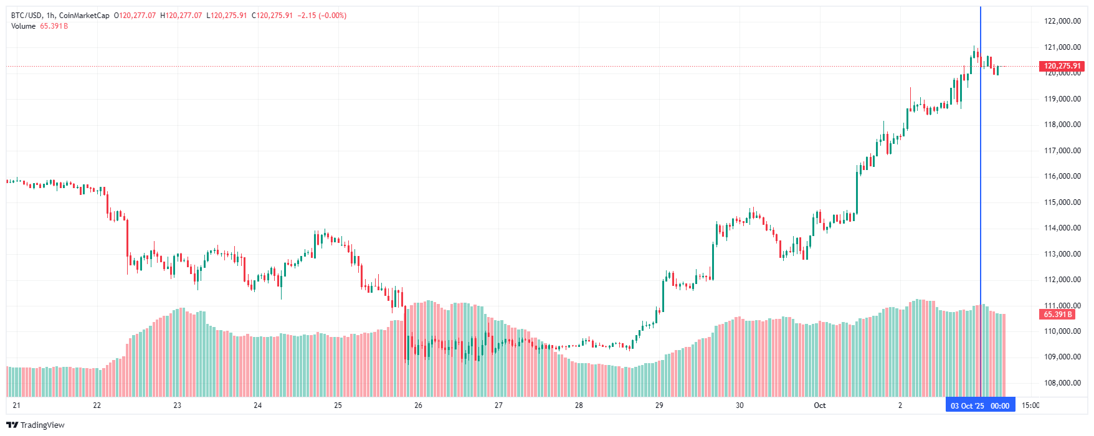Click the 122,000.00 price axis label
click(x=1062, y=21)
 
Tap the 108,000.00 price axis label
click(x=1062, y=383)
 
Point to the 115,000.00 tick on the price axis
click(x=1062, y=202)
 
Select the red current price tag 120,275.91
click(x=1062, y=66)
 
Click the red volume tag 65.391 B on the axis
click(x=1058, y=315)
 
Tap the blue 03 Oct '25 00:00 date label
click(x=980, y=406)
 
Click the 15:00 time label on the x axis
click(x=1030, y=405)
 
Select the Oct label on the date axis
click(x=819, y=405)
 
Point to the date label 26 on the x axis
click(x=418, y=405)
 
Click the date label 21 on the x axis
click(x=16, y=405)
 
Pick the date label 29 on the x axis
click(x=659, y=405)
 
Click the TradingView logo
click(x=36, y=425)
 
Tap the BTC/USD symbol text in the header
click(x=26, y=16)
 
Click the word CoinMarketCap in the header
click(x=84, y=16)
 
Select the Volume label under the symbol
click(x=23, y=26)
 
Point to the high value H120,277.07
click(x=181, y=16)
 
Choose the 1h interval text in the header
click(x=50, y=16)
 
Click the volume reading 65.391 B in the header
click(x=54, y=26)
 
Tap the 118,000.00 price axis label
click(x=1062, y=125)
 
